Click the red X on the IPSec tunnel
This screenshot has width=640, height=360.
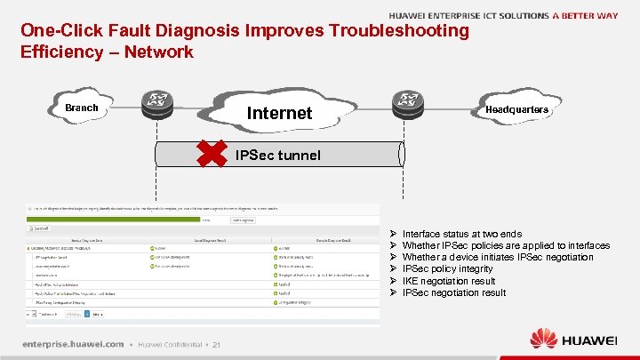(213, 154)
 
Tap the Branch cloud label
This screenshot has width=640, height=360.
(82, 108)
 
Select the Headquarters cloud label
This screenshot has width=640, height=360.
(516, 109)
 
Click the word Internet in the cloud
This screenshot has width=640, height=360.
(279, 113)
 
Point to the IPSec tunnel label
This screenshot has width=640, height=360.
(278, 156)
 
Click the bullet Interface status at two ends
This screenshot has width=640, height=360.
(461, 234)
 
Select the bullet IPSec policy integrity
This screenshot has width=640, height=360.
(447, 268)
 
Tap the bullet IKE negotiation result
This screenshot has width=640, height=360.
(449, 281)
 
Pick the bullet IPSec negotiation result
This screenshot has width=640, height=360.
(453, 292)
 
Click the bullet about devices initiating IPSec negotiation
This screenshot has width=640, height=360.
(497, 257)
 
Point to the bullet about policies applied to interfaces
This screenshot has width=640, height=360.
(505, 245)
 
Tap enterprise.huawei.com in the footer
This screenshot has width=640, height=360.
(73, 344)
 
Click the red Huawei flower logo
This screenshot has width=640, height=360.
(543, 339)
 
